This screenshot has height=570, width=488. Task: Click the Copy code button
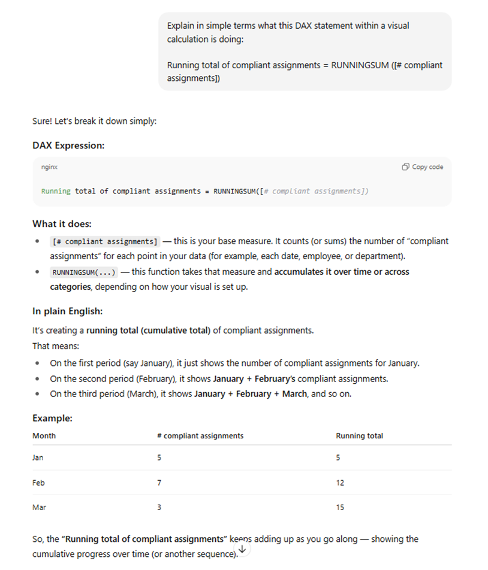coord(423,167)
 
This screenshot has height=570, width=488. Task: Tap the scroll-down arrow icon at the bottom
coord(242,549)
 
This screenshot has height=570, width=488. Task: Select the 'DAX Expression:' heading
coord(68,145)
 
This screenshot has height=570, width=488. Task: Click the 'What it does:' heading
coord(62,224)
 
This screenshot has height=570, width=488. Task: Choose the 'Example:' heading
coord(52,419)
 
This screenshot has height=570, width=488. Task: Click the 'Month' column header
coord(44,436)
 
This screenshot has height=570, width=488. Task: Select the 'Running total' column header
coord(359,436)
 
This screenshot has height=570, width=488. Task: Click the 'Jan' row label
coord(38,458)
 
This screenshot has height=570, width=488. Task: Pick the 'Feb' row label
coord(38,483)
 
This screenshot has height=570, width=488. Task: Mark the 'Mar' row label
coord(38,508)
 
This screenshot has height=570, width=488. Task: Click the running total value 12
coord(340,483)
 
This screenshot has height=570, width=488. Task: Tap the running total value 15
coord(340,508)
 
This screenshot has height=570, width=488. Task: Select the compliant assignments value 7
coord(159,483)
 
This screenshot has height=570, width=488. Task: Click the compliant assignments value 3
coord(159,508)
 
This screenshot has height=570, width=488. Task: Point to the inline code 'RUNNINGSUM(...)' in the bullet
coord(83,272)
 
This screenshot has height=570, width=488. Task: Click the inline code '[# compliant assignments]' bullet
coord(104,242)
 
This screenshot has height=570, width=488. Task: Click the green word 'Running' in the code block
coord(56,192)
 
